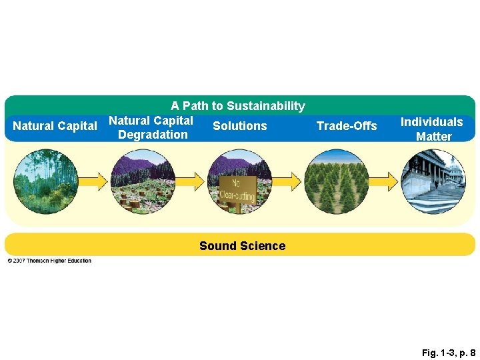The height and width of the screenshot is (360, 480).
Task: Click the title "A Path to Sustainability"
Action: pyautogui.click(x=238, y=106)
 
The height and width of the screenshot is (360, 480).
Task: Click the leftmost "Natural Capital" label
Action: pyautogui.click(x=55, y=126)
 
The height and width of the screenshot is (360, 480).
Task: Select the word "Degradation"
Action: pyautogui.click(x=153, y=135)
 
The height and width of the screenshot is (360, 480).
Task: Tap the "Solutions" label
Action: pyautogui.click(x=240, y=126)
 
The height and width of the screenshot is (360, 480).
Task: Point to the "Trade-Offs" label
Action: pyautogui.click(x=347, y=126)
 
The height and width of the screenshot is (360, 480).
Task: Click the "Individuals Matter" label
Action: pyautogui.click(x=431, y=129)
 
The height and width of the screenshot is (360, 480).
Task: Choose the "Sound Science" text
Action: pyautogui.click(x=242, y=246)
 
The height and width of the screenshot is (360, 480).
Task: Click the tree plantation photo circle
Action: pyautogui.click(x=336, y=181)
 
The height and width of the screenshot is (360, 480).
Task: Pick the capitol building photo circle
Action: pyautogui.click(x=433, y=181)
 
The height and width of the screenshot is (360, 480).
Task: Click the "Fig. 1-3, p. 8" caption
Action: pyautogui.click(x=448, y=352)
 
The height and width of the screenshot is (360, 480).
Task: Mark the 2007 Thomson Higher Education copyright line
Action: pyautogui.click(x=49, y=261)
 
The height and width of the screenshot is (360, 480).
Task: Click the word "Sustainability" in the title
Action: pyautogui.click(x=265, y=106)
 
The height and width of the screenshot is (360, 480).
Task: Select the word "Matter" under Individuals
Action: pyautogui.click(x=433, y=137)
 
